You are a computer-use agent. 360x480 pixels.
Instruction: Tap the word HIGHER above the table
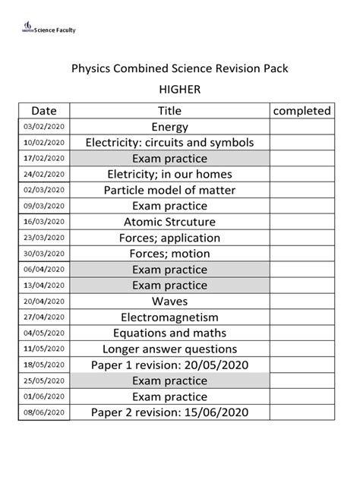click(180, 89)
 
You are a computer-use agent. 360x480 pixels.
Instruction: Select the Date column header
click(44, 111)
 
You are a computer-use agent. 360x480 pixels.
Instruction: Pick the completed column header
click(302, 111)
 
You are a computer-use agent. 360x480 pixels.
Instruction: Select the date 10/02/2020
click(44, 143)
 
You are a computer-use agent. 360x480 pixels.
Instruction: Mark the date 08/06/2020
click(44, 412)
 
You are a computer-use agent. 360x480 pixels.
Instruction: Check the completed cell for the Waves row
click(302, 301)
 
